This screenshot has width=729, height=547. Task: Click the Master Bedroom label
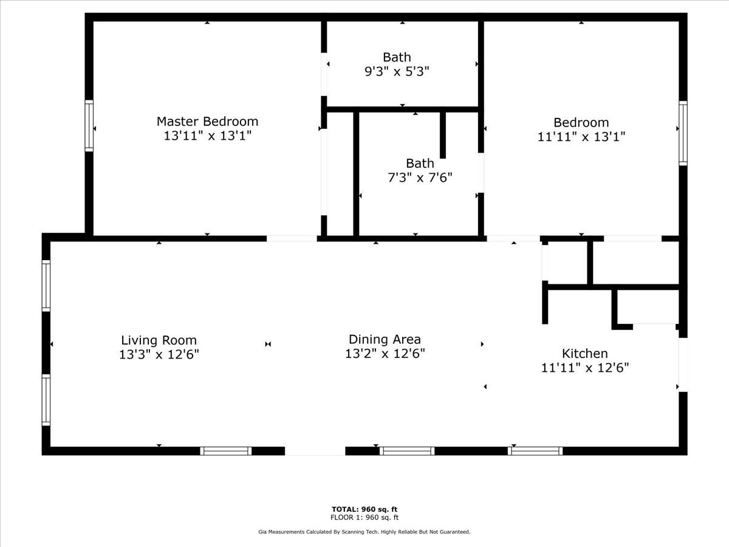[207, 122]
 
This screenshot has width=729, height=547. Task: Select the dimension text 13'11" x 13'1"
[207, 136]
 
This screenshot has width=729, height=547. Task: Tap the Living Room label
[159, 340]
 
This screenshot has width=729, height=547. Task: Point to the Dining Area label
[385, 339]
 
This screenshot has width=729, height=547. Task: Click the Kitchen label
[584, 353]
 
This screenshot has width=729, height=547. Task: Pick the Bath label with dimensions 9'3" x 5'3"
[397, 58]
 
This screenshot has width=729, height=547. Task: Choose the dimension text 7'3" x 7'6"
[420, 178]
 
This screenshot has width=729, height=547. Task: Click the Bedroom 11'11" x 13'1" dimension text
[581, 137]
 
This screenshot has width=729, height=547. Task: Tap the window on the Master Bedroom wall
[89, 126]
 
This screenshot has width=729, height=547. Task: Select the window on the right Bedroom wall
[683, 133]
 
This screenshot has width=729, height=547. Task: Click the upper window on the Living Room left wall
[46, 286]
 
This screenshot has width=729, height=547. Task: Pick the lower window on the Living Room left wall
[46, 400]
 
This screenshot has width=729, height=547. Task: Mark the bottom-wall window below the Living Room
[226, 451]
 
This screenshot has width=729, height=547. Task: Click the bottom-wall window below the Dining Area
[407, 451]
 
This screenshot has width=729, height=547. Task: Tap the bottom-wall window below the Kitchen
[535, 451]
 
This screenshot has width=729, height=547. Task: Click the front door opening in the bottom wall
[315, 451]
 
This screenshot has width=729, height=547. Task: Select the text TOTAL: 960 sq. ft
[364, 509]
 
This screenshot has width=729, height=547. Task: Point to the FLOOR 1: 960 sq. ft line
[364, 517]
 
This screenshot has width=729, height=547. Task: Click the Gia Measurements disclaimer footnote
[364, 532]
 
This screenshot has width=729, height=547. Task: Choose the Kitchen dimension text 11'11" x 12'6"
[585, 368]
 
